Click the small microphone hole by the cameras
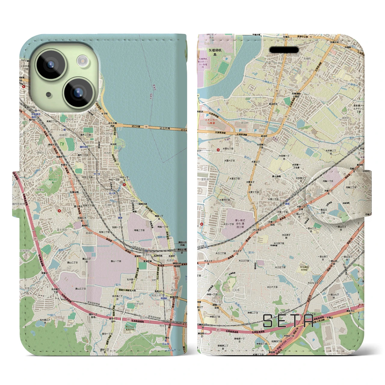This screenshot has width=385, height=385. click(x=48, y=95)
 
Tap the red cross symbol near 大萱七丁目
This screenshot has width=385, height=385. click(x=218, y=149)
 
